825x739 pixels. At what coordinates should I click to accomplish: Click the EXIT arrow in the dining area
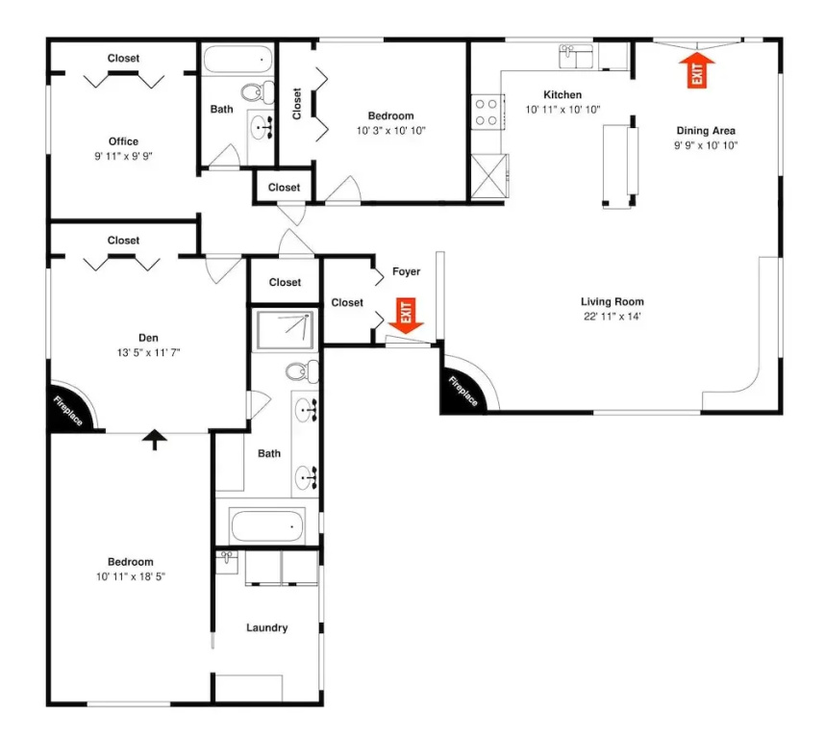pos(697,69)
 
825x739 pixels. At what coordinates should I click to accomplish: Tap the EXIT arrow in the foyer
pos(406,316)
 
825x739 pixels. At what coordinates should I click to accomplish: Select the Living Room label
pos(612,301)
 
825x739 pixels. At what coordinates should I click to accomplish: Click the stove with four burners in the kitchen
pos(487,113)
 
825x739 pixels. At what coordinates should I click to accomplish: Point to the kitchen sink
pos(576,57)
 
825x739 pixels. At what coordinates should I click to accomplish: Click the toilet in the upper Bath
pos(258,92)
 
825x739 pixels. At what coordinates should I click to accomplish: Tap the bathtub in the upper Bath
pos(237,60)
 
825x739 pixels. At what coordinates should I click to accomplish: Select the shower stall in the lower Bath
pos(286,330)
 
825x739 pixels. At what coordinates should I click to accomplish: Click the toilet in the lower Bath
pos(302,371)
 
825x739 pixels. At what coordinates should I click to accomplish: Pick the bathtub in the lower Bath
pos(267,525)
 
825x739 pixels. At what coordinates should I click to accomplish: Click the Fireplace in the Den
pos(72,407)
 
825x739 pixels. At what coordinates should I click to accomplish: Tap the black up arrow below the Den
pos(155,440)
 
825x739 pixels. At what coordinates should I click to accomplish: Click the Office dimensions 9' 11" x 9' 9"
pos(124,156)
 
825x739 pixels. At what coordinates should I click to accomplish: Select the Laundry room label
pos(266,627)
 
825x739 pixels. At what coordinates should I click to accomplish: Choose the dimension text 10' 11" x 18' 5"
pos(131,576)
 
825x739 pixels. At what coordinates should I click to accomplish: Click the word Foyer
pos(406,271)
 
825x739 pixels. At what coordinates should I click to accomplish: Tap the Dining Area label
pos(706,131)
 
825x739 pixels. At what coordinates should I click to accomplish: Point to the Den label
pos(148,338)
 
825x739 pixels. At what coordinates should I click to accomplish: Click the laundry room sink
pos(227,562)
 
